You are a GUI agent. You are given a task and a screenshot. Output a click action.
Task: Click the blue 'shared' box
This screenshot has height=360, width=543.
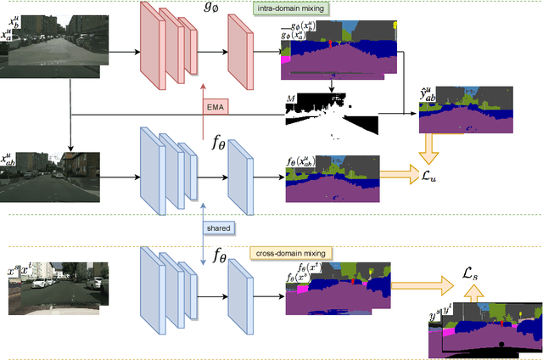tap(217, 228)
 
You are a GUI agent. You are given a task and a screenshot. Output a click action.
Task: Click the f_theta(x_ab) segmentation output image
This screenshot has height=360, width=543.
tap(332, 180)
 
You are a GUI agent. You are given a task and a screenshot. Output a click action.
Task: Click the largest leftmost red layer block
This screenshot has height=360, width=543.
tap(154, 48)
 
